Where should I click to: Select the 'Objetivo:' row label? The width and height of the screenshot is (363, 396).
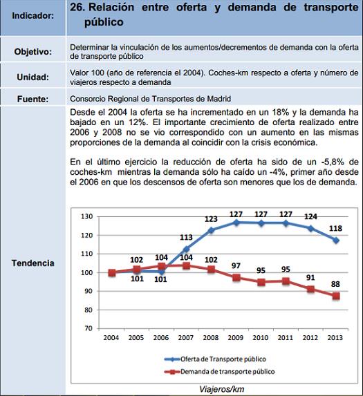pos(32,52)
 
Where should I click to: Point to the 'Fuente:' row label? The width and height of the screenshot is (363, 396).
pos(32,99)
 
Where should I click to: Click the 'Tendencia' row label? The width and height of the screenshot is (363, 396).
pos(32,263)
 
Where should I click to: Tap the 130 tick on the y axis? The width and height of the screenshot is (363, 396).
pos(86,216)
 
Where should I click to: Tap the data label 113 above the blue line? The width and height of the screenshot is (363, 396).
pos(187,237)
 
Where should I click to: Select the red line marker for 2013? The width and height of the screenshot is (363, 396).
pos(335,296)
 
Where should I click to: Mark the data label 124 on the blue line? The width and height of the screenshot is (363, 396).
pos(310,217)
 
